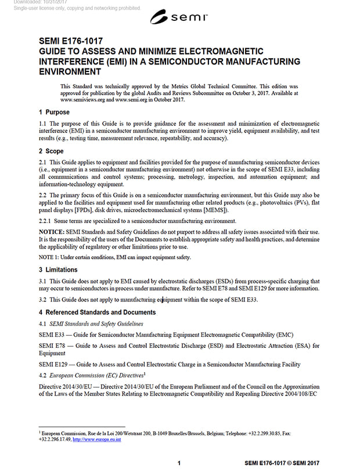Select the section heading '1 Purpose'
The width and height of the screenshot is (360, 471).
click(x=54, y=112)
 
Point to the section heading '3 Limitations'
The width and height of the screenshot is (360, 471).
click(x=59, y=269)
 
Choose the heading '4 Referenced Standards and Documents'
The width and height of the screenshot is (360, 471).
click(x=97, y=312)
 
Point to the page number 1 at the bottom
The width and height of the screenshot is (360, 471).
click(x=179, y=463)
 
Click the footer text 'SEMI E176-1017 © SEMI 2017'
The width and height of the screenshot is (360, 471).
click(x=282, y=463)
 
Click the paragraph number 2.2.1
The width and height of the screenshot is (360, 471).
click(x=46, y=221)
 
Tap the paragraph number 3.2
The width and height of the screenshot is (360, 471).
click(x=43, y=300)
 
